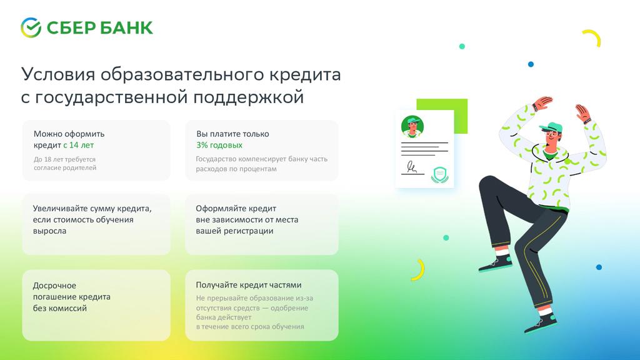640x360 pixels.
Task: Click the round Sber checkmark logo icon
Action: pos(31,27)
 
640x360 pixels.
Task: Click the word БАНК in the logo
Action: pos(126,28)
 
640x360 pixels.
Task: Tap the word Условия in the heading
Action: pos(58,75)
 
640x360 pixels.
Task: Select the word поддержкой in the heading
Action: pos(249,97)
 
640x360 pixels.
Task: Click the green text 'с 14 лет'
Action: pos(78,145)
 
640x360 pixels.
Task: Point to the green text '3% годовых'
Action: pos(219,145)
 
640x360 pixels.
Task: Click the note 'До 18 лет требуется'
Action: pos(64,159)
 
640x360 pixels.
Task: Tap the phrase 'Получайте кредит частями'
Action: pos(249,285)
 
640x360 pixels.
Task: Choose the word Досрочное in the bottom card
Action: pos(54,286)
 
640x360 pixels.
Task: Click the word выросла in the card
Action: pos(49,231)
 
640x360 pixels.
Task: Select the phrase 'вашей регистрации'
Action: pos(234,231)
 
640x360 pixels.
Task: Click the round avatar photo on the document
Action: pos(412,126)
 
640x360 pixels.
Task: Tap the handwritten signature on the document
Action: pos(412,167)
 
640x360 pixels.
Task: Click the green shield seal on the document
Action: pos(439,175)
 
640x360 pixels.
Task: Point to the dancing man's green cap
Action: pos(550,127)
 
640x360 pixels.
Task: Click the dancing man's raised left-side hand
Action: pos(542,103)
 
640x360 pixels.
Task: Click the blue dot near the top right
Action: pos(531,64)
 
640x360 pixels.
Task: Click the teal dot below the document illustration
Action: pos(446,237)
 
